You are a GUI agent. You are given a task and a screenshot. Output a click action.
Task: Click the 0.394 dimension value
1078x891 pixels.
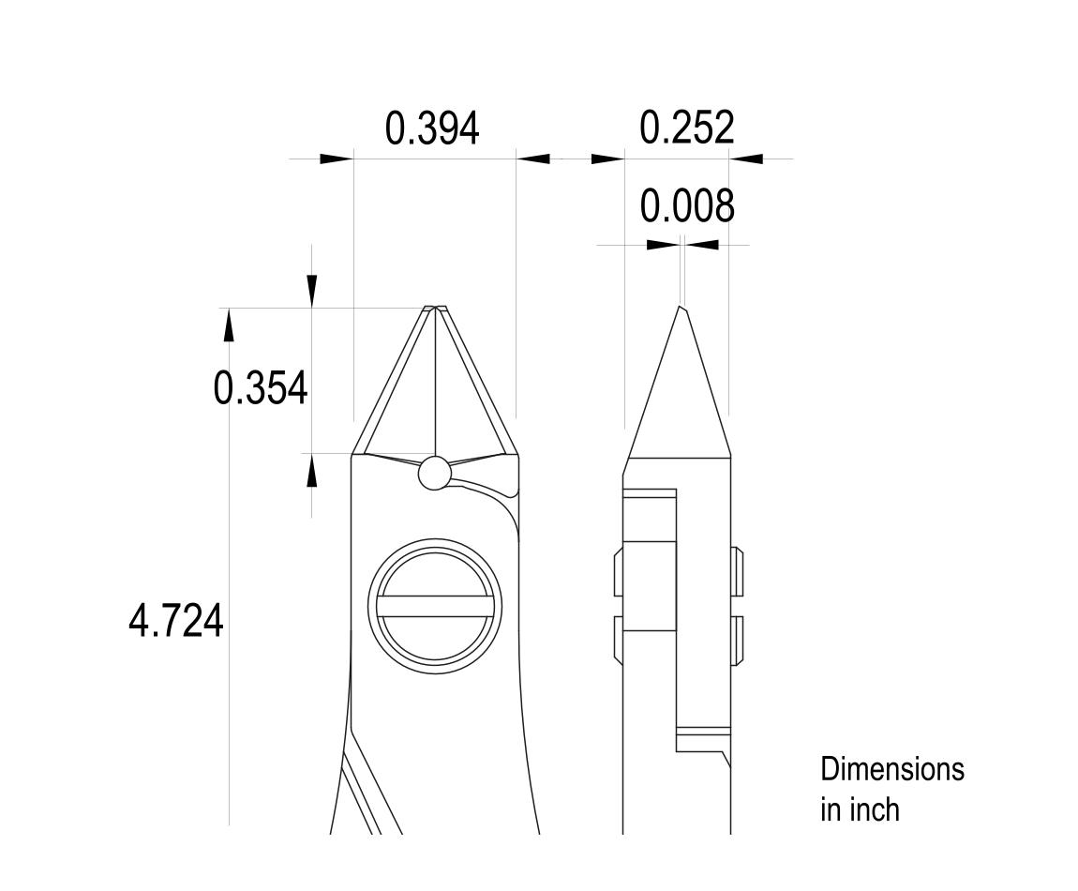(432, 128)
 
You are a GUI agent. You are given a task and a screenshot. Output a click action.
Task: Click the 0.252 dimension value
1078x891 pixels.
(686, 127)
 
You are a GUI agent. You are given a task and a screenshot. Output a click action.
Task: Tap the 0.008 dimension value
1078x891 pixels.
(686, 205)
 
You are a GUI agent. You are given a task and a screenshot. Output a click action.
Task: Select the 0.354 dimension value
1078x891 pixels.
(260, 387)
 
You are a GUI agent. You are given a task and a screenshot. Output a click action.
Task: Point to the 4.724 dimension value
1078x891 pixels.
(175, 621)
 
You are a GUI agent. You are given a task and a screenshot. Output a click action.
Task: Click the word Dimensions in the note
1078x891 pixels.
(891, 769)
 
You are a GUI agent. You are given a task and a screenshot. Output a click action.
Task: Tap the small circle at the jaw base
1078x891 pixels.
(434, 474)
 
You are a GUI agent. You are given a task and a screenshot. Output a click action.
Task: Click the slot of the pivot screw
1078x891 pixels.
(435, 606)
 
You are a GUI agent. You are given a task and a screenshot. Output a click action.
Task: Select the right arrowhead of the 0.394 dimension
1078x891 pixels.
(533, 159)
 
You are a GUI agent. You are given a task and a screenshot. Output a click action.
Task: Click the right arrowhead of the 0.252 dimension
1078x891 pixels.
(747, 159)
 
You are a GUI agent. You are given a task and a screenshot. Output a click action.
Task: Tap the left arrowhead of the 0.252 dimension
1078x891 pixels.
(607, 159)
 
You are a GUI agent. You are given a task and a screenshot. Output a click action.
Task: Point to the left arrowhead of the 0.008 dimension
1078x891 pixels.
(663, 245)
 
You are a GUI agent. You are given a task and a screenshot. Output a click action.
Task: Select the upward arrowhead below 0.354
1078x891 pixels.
(312, 470)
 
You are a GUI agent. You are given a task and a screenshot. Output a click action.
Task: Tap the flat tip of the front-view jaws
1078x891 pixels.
(434, 308)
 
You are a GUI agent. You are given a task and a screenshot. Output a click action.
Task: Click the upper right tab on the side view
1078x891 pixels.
(737, 570)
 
